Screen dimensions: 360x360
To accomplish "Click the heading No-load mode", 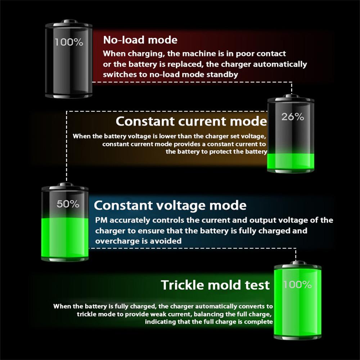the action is click(x=140, y=40).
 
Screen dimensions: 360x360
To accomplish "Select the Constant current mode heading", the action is click(x=191, y=121).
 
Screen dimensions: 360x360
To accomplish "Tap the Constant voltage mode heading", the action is click(x=170, y=205).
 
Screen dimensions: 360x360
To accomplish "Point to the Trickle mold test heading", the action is click(x=215, y=285).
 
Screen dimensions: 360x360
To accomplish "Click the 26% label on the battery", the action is click(x=293, y=117).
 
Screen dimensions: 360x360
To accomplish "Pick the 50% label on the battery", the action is click(x=68, y=204).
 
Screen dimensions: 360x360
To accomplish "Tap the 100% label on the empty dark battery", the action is click(x=69, y=42).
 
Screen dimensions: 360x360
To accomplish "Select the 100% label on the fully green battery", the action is click(x=297, y=285).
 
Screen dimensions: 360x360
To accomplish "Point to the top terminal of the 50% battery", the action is click(x=66, y=184).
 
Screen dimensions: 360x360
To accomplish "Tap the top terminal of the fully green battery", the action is click(x=298, y=262).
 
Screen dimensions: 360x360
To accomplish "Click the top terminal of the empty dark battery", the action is click(x=69, y=21).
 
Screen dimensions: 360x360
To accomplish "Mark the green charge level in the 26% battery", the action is click(x=291, y=161).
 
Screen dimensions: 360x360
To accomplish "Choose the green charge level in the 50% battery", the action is click(x=65, y=237).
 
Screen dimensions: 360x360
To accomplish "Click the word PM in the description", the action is click(x=101, y=220).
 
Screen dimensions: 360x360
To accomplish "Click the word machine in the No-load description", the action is click(x=200, y=54).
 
